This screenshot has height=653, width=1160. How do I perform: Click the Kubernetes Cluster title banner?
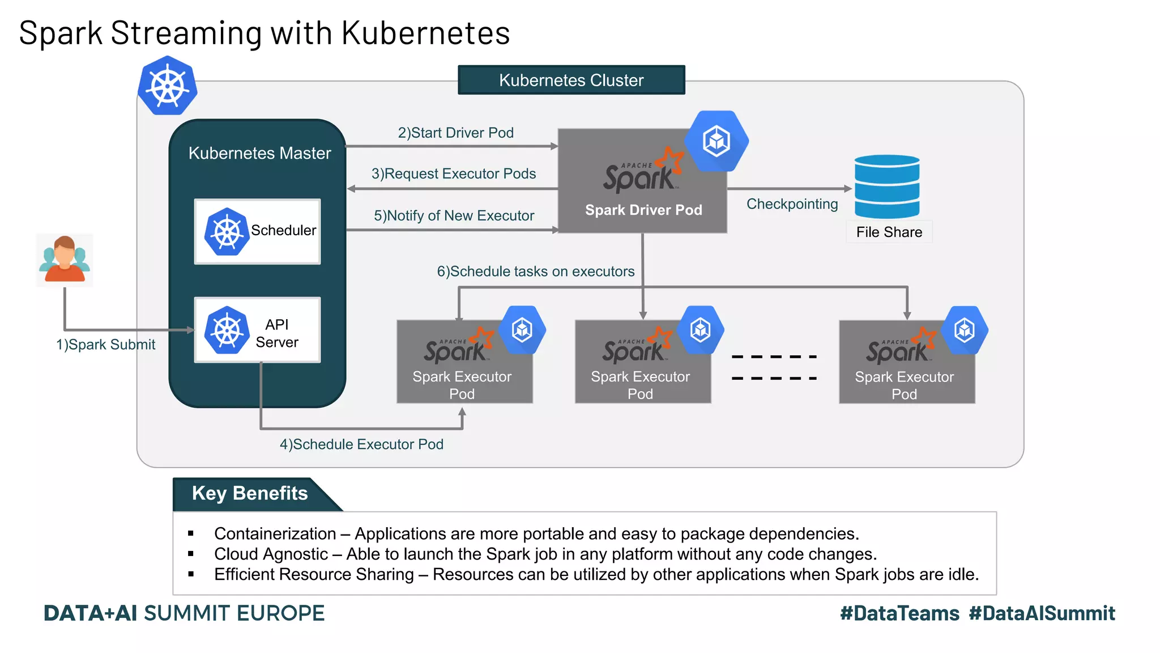[571, 80]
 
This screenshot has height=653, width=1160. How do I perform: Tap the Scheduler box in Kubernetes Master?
[257, 231]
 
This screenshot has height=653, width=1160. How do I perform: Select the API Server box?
[257, 330]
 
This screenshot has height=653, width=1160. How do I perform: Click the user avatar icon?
[65, 260]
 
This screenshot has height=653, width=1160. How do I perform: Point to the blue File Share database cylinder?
[886, 186]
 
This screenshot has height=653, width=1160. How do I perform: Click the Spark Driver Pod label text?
[643, 210]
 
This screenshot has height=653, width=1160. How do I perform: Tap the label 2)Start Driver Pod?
[455, 133]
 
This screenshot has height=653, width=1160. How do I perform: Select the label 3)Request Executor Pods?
[453, 173]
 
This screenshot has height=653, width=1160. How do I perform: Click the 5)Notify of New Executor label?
[454, 215]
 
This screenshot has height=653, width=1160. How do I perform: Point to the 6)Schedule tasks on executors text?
[535, 272]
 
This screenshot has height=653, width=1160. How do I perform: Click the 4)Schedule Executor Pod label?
[361, 444]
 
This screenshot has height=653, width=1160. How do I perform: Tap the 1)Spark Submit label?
[105, 345]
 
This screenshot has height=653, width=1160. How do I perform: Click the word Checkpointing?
[792, 204]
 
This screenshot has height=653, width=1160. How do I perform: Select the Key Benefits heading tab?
[250, 494]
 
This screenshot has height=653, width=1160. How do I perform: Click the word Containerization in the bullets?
[275, 534]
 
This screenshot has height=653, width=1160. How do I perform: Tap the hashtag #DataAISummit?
[1042, 613]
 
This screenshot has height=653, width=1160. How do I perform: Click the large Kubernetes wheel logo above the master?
[168, 86]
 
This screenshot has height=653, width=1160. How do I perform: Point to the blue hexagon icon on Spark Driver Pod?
[717, 141]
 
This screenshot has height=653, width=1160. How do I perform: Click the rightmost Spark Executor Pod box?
[906, 363]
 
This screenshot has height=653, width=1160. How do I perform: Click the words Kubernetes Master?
[259, 153]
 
